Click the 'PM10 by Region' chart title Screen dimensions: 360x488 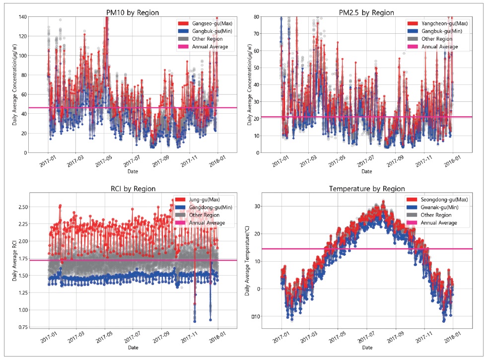tap(133, 12)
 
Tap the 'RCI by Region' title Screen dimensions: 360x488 tap(133, 189)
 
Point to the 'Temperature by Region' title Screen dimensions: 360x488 tap(366, 189)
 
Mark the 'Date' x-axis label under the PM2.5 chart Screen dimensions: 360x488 tap(366, 171)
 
